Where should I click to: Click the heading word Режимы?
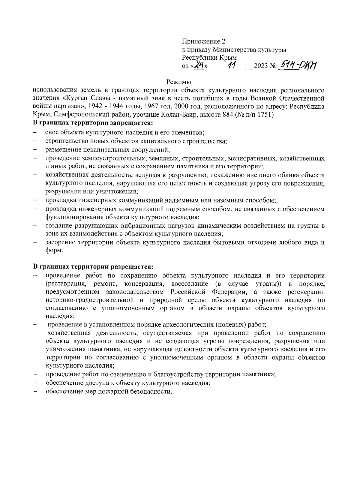pyautogui.click(x=179, y=82)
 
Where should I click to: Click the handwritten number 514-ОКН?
pyautogui.click(x=298, y=65)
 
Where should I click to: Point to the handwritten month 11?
pyautogui.click(x=231, y=65)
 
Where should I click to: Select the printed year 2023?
pyautogui.click(x=260, y=66)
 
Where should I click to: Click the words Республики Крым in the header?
pyautogui.click(x=209, y=58)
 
